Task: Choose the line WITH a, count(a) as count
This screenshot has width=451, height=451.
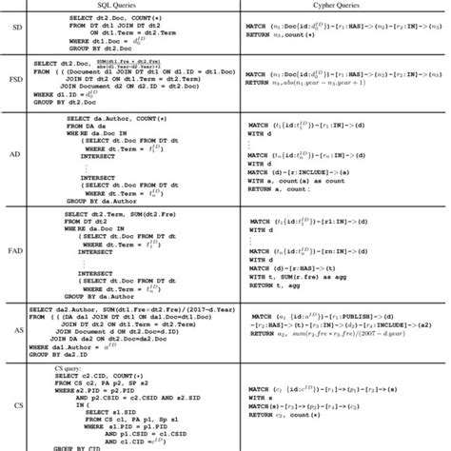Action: (303, 179)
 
